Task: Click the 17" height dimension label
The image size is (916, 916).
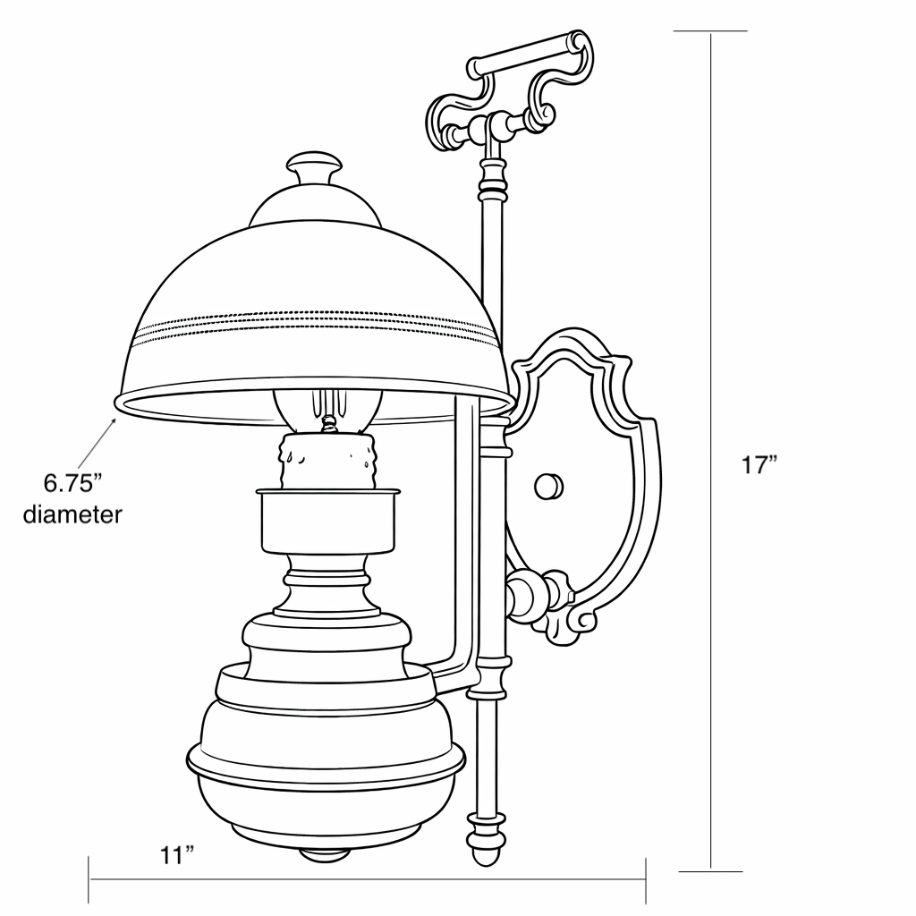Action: (x=759, y=465)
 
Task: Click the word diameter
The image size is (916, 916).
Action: (x=72, y=515)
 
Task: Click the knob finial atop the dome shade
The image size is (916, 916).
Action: (x=314, y=167)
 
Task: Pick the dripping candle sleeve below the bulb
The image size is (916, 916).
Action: (x=327, y=462)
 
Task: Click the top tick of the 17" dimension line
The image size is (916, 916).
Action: (x=710, y=31)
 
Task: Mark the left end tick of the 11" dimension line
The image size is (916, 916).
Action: (x=89, y=879)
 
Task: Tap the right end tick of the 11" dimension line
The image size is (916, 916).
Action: (x=646, y=879)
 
